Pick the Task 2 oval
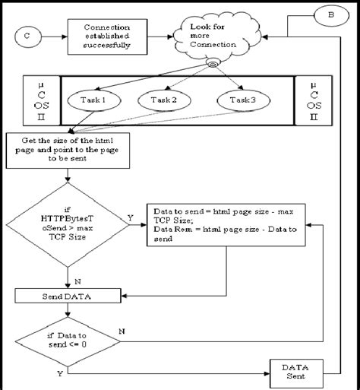(164, 100)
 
